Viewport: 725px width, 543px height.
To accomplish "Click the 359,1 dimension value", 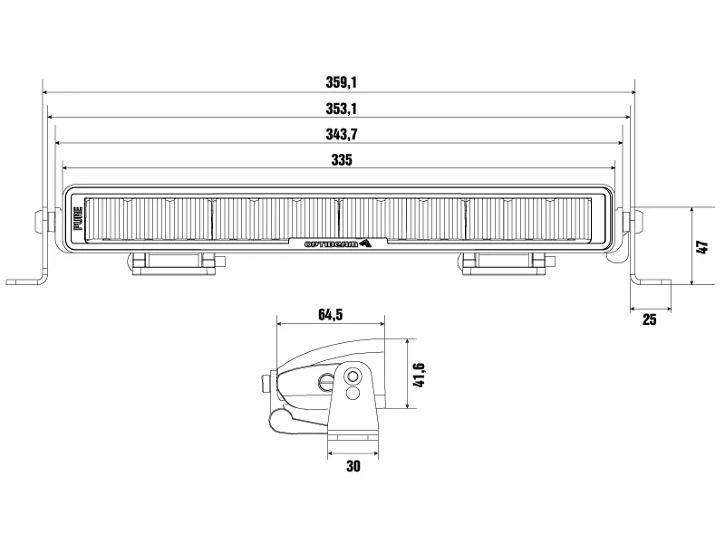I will point(342,81).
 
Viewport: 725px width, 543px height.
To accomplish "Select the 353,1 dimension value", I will point(342,109).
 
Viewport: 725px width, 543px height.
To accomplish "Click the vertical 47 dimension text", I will point(701,246).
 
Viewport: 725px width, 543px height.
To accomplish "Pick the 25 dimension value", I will point(649,320).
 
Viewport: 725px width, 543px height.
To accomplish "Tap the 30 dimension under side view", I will point(353,466).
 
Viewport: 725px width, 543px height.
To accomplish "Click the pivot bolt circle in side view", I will point(353,376).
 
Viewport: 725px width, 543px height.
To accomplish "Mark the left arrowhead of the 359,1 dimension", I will point(46,91).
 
